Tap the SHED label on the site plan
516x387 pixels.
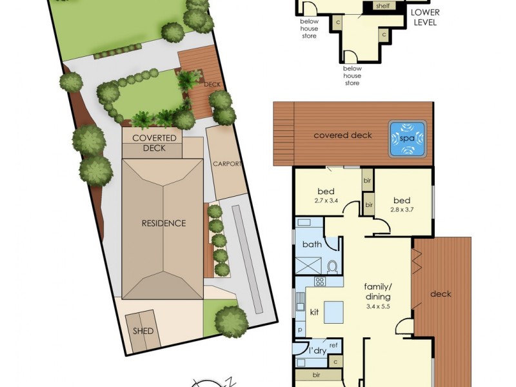coord(143,332)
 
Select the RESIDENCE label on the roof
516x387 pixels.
coord(164,223)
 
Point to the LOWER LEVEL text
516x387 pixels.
coord(425,17)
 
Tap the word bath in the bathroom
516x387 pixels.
coord(312,244)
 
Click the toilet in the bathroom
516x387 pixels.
coord(333,266)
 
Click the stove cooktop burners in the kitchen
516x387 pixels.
coord(320,281)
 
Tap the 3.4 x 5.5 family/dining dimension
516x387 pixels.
coord(377,306)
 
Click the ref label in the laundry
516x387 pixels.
coord(333,346)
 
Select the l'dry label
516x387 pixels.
coord(317,351)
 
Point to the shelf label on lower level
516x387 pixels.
coord(382,6)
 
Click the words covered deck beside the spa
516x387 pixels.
coord(342,135)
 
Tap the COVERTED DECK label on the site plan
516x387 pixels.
coord(154,143)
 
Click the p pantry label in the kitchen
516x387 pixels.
coord(300,329)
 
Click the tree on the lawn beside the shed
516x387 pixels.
coord(231,320)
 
